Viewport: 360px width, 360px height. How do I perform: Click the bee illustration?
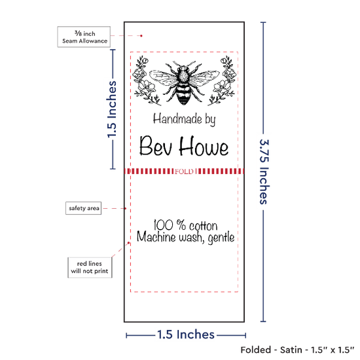click(x=184, y=82)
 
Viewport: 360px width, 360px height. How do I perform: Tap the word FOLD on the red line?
click(x=184, y=171)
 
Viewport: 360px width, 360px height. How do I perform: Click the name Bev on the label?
click(x=155, y=145)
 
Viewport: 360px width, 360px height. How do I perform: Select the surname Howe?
click(x=204, y=145)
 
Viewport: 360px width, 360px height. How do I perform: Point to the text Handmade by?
click(x=185, y=119)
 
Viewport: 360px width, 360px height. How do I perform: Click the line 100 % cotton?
click(x=185, y=225)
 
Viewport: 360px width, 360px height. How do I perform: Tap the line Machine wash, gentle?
click(x=185, y=237)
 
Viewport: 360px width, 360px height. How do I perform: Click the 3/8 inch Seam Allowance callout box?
click(x=84, y=37)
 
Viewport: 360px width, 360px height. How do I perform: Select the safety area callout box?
click(x=84, y=208)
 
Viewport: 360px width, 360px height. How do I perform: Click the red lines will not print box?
click(x=90, y=268)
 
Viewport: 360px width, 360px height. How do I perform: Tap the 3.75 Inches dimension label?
click(x=264, y=171)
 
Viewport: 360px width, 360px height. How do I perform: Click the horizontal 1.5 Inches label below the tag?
click(x=186, y=334)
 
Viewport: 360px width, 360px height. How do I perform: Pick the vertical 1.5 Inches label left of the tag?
click(x=112, y=109)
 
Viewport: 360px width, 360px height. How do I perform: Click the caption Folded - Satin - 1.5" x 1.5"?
click(x=297, y=350)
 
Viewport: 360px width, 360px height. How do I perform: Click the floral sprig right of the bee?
click(x=222, y=81)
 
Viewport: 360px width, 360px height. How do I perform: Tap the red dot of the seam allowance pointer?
click(x=141, y=36)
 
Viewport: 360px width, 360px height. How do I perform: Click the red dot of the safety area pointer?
click(x=126, y=208)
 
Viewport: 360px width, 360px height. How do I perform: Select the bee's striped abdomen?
click(x=184, y=94)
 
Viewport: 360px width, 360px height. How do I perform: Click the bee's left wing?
click(x=164, y=77)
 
